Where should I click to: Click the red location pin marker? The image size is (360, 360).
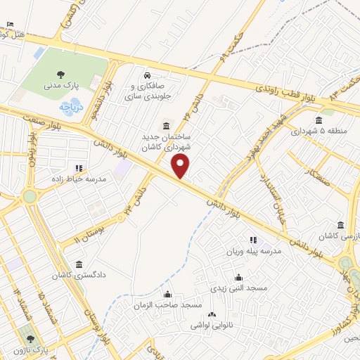(x=181, y=167)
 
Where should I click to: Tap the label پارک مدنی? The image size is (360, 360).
(x=61, y=86)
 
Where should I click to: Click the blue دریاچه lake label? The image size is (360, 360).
(x=72, y=108)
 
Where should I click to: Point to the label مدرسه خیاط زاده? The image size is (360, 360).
(x=77, y=179)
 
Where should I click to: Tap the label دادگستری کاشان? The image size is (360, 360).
(x=78, y=276)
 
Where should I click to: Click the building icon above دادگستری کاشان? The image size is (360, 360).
(x=78, y=264)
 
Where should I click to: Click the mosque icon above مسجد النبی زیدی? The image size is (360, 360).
(x=238, y=277)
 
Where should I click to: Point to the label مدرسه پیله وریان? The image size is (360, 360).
(x=252, y=251)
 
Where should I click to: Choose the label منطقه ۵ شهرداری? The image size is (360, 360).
(x=323, y=131)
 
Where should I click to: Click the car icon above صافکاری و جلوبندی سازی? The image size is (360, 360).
(x=146, y=75)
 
